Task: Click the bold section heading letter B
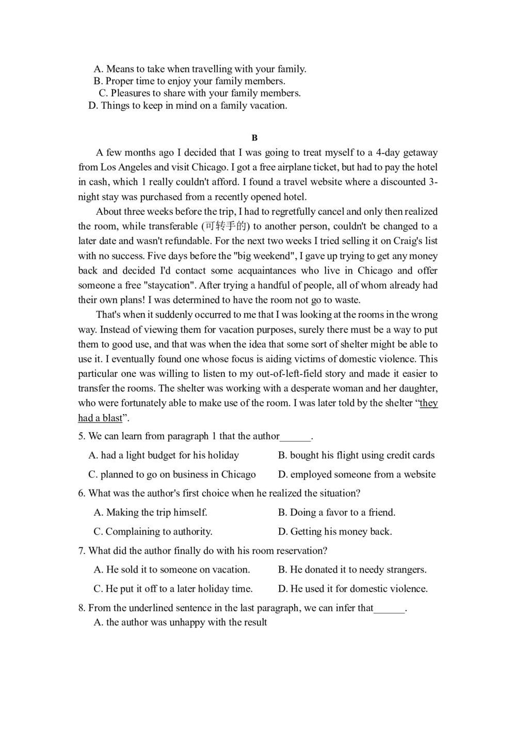click(x=254, y=138)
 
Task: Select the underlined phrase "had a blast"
click(x=101, y=418)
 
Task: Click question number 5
click(x=82, y=436)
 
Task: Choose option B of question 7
click(x=352, y=569)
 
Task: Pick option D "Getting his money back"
click(x=335, y=531)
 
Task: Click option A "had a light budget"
click(x=164, y=455)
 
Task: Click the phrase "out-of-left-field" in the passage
click(x=301, y=373)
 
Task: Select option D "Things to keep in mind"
click(x=188, y=105)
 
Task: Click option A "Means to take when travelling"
click(x=200, y=69)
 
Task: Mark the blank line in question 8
click(x=389, y=609)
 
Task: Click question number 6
click(x=82, y=493)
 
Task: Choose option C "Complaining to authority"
click(x=153, y=531)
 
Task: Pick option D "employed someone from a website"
click(x=357, y=474)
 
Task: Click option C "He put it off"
click(x=173, y=589)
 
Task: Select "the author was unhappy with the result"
click(x=180, y=622)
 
